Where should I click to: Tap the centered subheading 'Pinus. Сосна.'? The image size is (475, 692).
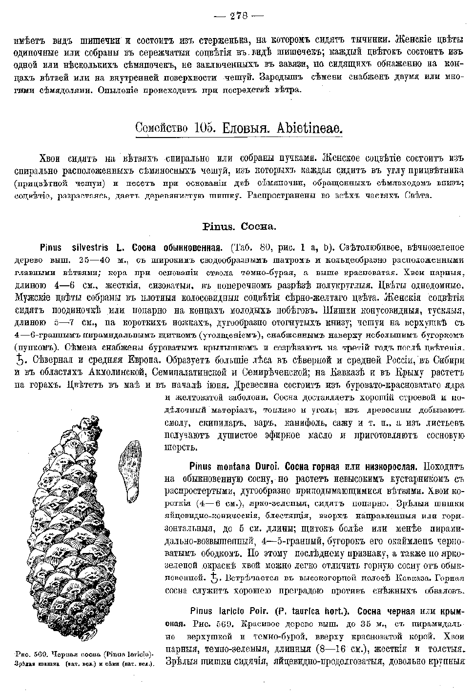coord(239,227)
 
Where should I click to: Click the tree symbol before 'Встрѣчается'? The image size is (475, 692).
coord(211,578)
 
